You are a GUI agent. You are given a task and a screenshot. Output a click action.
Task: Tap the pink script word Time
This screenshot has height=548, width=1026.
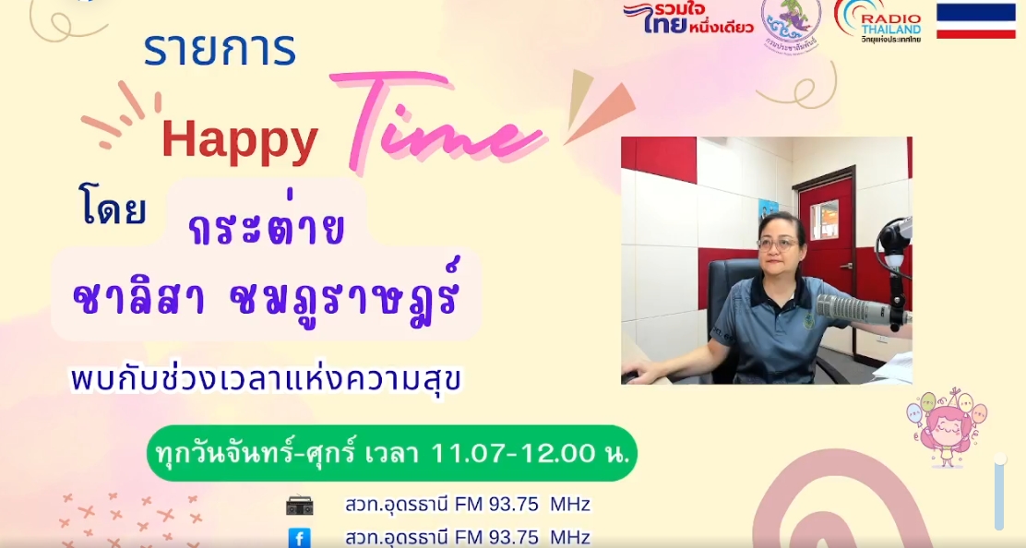point(437,121)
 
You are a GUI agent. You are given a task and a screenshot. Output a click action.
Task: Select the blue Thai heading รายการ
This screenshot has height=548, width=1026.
point(220,51)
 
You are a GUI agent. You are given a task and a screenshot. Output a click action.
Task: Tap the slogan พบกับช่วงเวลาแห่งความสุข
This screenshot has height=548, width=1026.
point(266,381)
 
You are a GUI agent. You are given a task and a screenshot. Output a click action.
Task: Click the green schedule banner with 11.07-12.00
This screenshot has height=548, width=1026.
point(391,453)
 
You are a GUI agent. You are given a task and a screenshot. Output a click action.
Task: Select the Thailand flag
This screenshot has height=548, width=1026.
point(975,21)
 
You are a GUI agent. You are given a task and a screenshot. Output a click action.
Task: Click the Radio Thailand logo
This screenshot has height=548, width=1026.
point(878,21)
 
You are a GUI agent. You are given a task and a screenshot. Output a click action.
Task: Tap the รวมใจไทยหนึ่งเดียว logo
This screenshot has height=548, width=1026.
point(687,18)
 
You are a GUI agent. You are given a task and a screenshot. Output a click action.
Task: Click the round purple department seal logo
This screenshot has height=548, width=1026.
point(792,24)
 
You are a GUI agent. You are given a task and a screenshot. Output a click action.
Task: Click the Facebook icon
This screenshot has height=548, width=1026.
point(299,538)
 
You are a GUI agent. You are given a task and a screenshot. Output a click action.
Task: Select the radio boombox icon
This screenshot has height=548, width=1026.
point(300,505)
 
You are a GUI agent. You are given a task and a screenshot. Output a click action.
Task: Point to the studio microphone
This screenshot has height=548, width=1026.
point(863,307)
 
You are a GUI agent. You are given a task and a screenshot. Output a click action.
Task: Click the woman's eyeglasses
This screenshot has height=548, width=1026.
point(778,244)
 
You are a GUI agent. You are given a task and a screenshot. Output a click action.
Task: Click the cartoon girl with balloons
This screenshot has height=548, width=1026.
point(946,428)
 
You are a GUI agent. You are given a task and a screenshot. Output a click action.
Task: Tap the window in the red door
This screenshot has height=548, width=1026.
point(825,219)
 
